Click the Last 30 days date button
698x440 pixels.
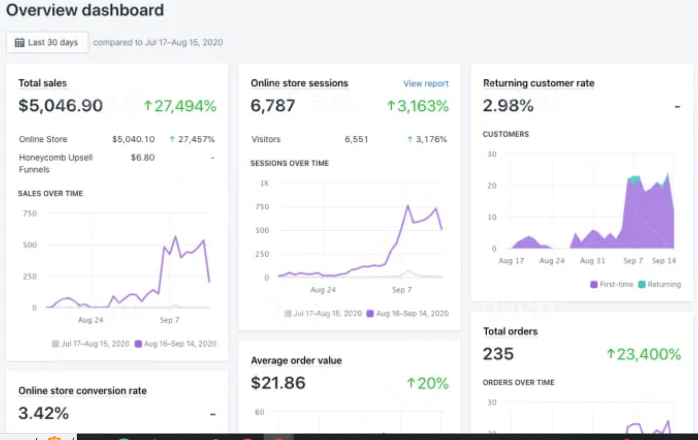47,42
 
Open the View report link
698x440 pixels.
426,83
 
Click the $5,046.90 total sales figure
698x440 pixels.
60,106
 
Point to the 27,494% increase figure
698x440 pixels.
180,106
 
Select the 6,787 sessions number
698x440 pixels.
273,106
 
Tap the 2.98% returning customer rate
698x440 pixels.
508,106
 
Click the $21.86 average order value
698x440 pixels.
278,383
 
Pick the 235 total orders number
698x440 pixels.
498,354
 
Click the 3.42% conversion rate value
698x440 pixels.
43,414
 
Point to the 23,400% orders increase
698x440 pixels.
644,354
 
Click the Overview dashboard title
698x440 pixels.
85,10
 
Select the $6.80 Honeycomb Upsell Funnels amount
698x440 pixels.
143,158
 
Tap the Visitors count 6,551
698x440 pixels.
356,139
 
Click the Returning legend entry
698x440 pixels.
660,285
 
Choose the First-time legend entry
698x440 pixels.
612,285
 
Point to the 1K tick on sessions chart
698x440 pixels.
264,183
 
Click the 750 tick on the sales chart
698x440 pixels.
30,214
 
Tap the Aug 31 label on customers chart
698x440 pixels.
592,261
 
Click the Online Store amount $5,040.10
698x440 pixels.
133,139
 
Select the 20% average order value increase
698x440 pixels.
428,383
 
